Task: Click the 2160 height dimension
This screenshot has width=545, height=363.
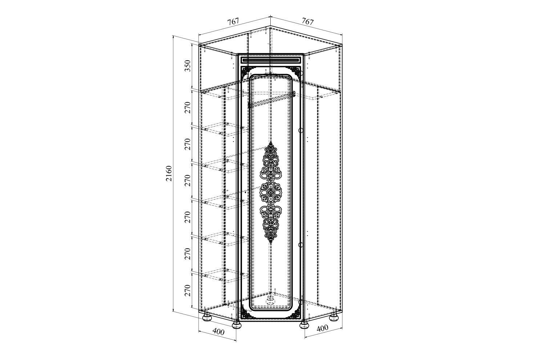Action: [169, 174]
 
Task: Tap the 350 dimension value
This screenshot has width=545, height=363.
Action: [187, 66]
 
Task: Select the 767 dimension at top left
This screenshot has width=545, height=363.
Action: [233, 21]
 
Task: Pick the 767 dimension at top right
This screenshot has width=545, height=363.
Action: [307, 21]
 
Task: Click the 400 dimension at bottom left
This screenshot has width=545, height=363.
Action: [218, 331]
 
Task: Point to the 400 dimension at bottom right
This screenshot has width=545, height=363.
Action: [322, 328]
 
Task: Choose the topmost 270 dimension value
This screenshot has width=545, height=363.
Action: [187, 108]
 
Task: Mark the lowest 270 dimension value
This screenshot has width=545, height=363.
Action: [187, 290]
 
